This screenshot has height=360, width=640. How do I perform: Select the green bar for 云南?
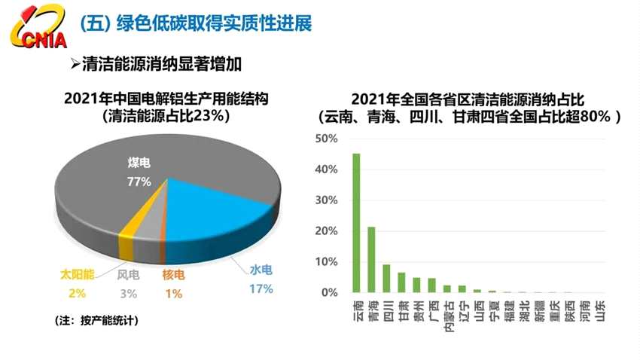pos(356,223)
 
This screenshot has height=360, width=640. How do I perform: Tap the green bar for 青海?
pos(371,259)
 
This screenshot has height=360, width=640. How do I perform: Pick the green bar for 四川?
pos(386,278)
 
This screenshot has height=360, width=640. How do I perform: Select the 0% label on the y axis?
pos(330,292)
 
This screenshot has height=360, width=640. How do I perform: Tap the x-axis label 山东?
pos(599,310)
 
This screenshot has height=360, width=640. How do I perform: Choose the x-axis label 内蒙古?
pos(447,316)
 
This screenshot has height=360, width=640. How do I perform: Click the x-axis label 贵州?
pos(416,310)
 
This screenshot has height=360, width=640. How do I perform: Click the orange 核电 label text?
pos(173,276)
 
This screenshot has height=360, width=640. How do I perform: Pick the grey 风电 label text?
pos(128,275)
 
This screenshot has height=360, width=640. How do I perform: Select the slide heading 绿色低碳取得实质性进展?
pos(214,23)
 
